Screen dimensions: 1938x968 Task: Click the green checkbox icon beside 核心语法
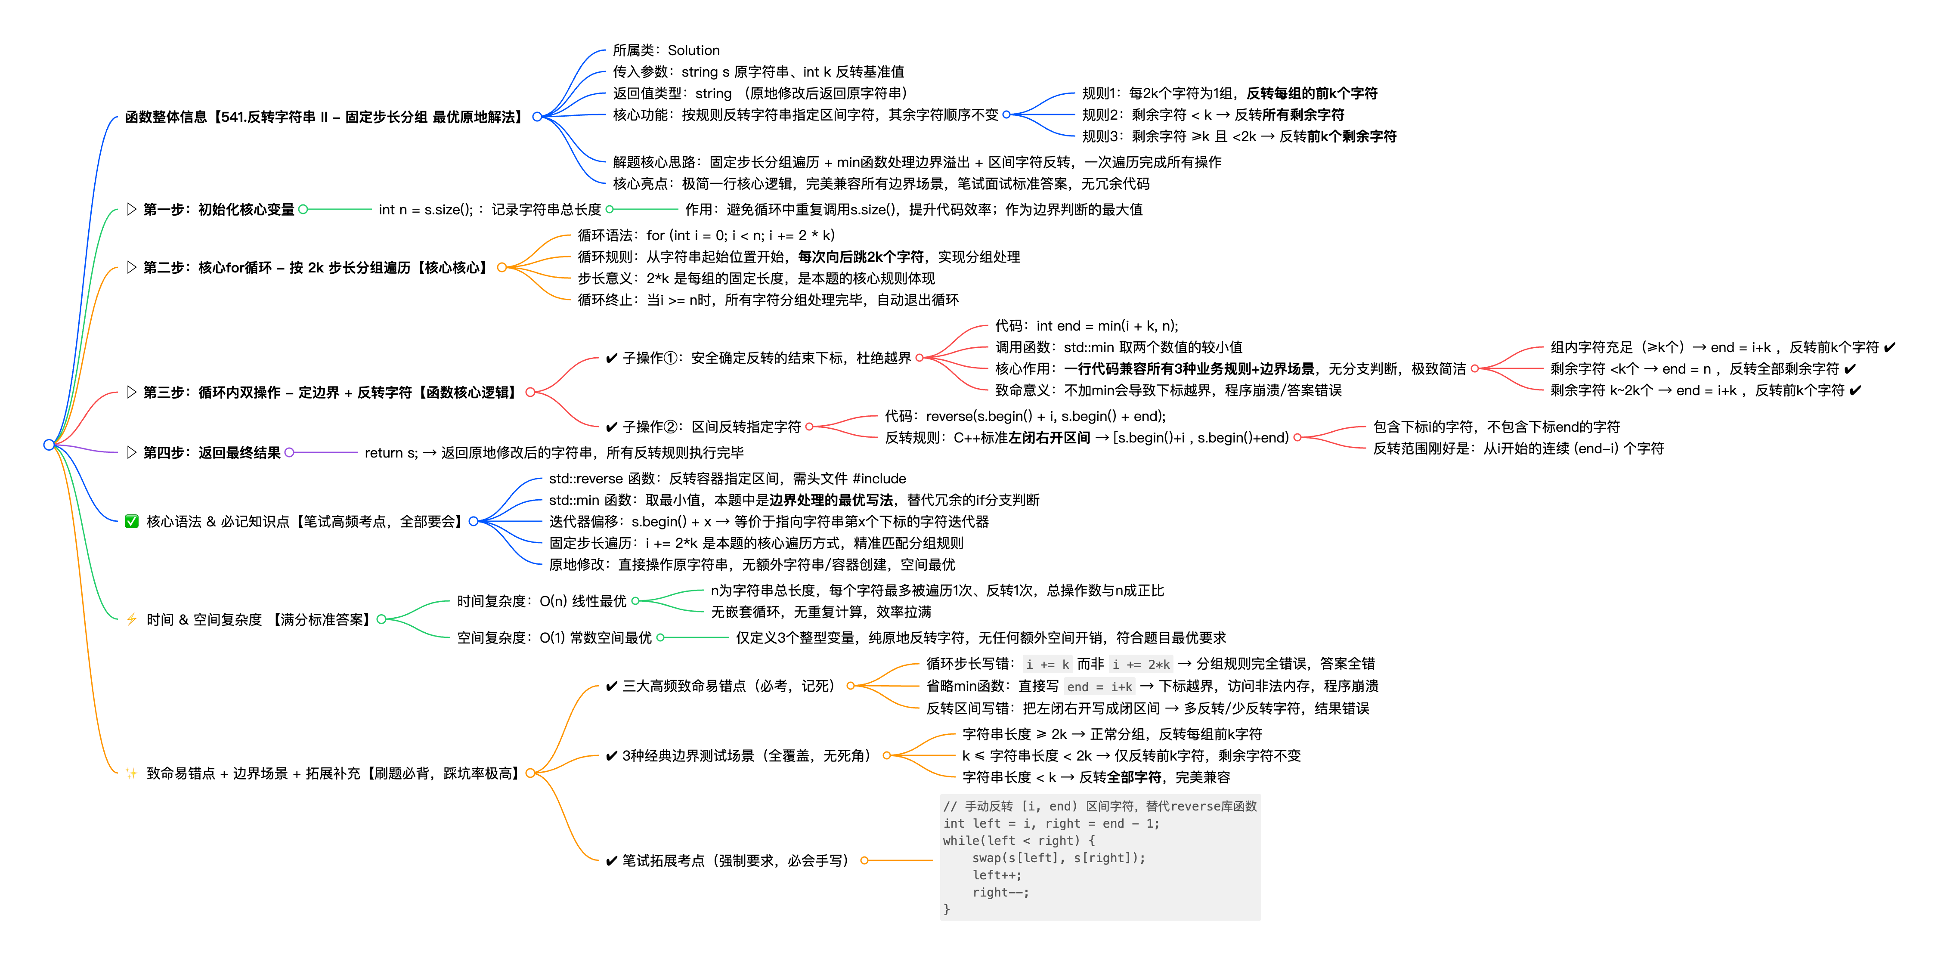[132, 521]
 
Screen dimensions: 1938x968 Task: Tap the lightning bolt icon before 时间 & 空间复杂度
[132, 619]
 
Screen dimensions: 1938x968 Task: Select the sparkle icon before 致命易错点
[132, 773]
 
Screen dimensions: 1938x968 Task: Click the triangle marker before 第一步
[132, 209]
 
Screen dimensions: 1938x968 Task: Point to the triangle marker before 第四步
[132, 452]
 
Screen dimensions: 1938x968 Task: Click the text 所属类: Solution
[666, 50]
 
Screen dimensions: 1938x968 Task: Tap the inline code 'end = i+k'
[1100, 687]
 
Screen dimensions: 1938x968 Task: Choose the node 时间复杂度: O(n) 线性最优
[542, 601]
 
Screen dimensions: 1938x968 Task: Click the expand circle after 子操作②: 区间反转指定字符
[809, 427]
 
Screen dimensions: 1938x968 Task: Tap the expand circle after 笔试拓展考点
[864, 860]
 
